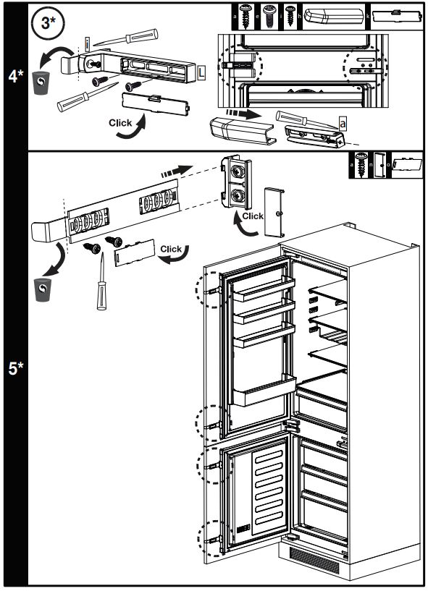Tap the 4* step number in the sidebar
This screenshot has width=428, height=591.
pyautogui.click(x=14, y=75)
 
